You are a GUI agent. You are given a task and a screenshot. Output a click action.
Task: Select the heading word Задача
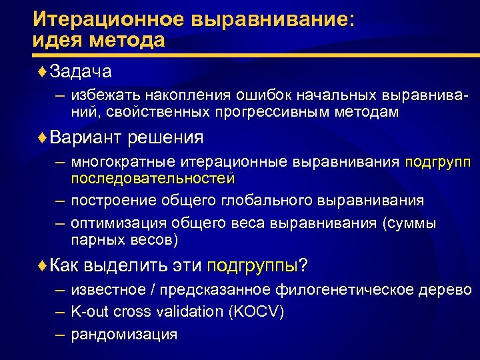(x=81, y=70)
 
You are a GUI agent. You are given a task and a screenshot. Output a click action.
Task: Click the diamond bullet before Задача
(x=44, y=70)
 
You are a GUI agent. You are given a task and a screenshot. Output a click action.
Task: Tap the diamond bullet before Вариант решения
(x=44, y=138)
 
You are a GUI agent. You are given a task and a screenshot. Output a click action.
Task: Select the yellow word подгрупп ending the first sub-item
(x=437, y=163)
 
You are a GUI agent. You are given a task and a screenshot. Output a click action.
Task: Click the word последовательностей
(x=153, y=179)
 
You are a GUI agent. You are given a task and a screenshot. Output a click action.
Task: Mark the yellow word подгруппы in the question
(x=252, y=265)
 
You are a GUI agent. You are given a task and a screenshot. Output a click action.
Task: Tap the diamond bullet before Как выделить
(x=44, y=265)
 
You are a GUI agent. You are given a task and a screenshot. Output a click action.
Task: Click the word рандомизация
(x=124, y=335)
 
